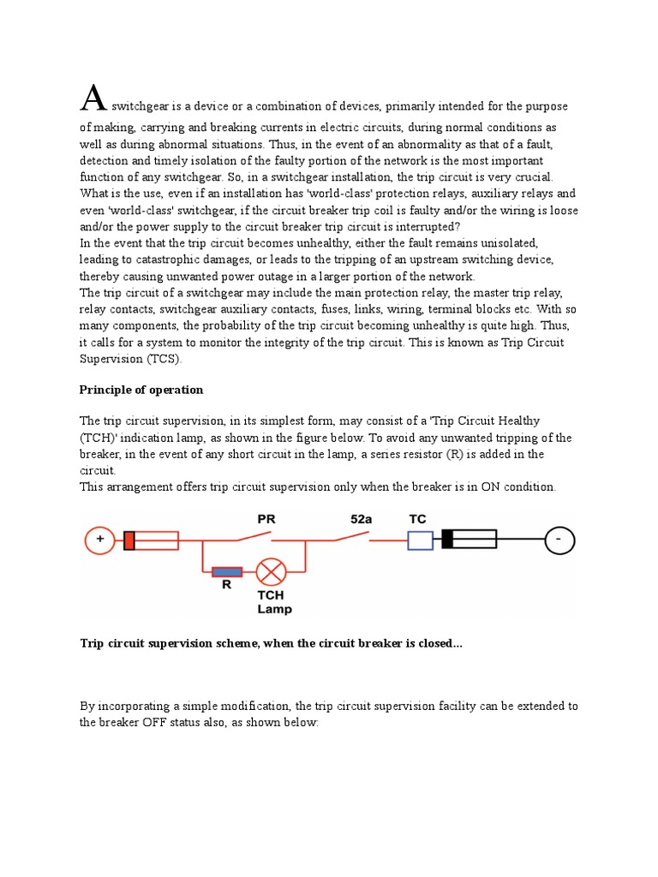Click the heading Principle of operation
(x=141, y=390)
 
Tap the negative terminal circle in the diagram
(x=561, y=540)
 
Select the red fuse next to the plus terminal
(x=151, y=540)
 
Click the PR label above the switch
(x=266, y=519)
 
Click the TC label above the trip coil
(x=417, y=519)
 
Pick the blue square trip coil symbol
(x=420, y=540)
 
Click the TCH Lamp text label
(x=274, y=602)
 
